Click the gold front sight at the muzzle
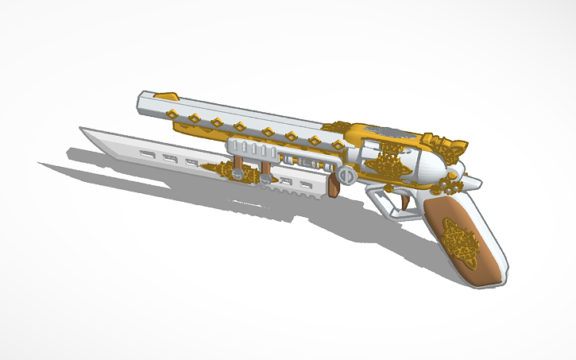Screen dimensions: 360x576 pyautogui.click(x=167, y=95)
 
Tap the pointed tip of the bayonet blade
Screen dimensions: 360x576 pyautogui.click(x=81, y=128)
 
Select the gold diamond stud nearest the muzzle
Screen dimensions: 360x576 pyautogui.click(x=193, y=118)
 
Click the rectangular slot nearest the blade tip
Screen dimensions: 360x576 pyautogui.click(x=147, y=152)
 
